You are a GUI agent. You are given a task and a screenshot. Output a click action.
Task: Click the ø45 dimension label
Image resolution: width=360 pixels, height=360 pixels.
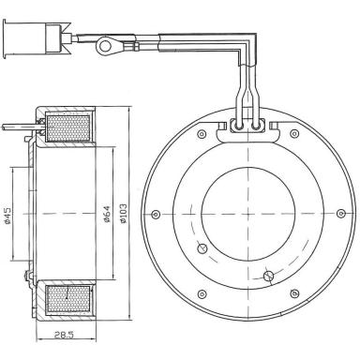(x=7, y=216)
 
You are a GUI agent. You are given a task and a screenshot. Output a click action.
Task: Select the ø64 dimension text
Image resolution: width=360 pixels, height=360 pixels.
(x=107, y=214)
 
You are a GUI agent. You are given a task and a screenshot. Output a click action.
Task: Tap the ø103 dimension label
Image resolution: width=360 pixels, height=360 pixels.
(x=123, y=214)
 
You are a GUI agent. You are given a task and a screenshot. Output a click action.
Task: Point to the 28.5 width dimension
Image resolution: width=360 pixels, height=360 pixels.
(x=64, y=335)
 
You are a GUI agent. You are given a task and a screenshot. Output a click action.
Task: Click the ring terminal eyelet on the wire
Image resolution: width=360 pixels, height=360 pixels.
(x=104, y=45)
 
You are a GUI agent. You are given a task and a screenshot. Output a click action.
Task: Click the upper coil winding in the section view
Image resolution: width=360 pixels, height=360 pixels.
(x=67, y=128)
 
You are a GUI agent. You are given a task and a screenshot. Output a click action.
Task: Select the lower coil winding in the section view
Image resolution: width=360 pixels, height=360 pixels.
(x=67, y=299)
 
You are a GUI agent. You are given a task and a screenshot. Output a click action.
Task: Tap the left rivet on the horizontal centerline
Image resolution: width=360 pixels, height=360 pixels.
(x=156, y=215)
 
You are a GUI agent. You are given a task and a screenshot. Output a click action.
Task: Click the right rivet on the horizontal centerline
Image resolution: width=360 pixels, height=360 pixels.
(x=340, y=213)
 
